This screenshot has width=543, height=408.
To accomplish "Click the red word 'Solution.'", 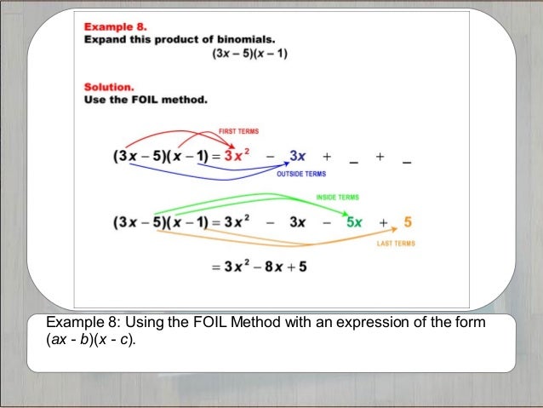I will [x=109, y=87].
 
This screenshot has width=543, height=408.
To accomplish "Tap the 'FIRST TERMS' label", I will [x=239, y=131].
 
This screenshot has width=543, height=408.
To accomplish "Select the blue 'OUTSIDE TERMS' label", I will [x=301, y=173].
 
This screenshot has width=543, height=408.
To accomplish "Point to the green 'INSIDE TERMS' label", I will [x=337, y=198].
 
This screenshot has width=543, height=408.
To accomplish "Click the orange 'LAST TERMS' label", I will [x=396, y=244].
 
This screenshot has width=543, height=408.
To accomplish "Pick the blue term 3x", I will [x=297, y=157].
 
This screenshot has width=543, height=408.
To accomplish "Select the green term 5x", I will [x=353, y=223].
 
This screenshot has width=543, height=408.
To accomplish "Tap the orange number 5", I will [x=408, y=223].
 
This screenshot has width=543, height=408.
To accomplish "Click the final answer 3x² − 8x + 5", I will [x=259, y=267].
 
